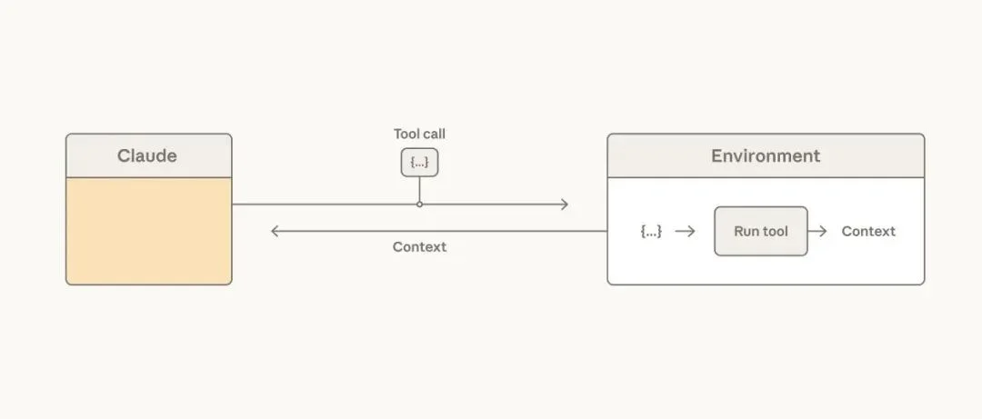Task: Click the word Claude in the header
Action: [146, 155]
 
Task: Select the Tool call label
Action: [419, 135]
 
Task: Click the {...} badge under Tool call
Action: [419, 163]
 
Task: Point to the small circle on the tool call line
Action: [419, 205]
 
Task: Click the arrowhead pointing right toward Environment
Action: [564, 205]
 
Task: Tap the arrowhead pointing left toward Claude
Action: [276, 231]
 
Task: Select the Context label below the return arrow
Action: [419, 247]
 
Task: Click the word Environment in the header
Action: [765, 155]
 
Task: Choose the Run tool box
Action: [760, 231]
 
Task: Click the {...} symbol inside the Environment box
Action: [651, 231]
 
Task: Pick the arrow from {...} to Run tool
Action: [686, 231]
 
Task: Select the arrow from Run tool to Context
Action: [817, 231]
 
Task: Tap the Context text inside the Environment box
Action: [868, 231]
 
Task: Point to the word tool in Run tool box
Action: [775, 231]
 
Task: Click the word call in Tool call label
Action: [434, 135]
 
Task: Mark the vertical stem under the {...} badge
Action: [419, 188]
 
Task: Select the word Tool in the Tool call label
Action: [406, 135]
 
